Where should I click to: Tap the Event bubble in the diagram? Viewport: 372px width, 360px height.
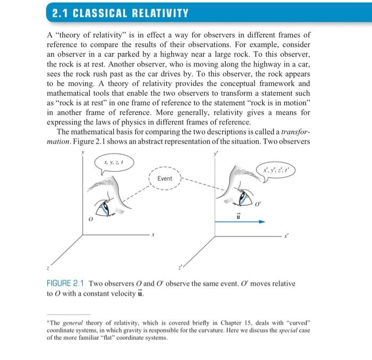165,179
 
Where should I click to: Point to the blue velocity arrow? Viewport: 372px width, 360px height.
239,222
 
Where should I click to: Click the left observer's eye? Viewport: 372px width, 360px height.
108,206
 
